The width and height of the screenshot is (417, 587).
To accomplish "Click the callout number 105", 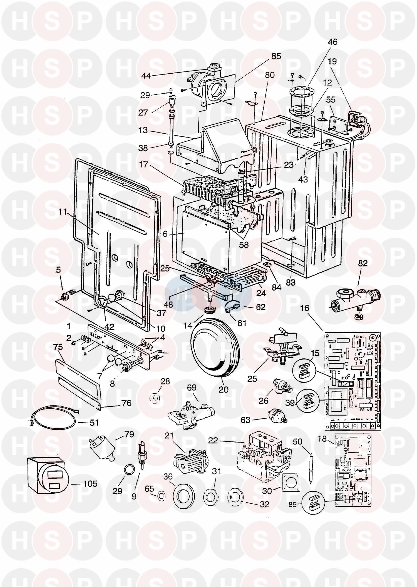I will [90, 484].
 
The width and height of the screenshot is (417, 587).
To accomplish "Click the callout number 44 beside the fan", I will [146, 76].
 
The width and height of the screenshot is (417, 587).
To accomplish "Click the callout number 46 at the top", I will [332, 42].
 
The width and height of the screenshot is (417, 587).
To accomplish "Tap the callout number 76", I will [126, 403].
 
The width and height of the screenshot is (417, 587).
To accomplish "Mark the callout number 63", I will [245, 420].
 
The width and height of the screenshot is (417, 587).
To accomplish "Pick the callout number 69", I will [192, 388].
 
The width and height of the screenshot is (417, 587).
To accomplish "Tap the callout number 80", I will [270, 75].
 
